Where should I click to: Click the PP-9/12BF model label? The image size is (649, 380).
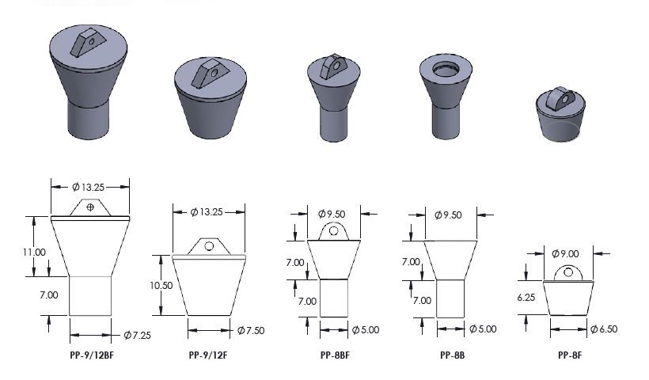[91, 355]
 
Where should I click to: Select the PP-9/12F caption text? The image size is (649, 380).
[209, 355]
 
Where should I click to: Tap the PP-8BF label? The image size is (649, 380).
[336, 355]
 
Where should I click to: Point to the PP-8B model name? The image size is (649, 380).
[452, 355]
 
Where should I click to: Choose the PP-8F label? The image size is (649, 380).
[570, 355]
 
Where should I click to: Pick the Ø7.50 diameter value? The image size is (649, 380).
[252, 330]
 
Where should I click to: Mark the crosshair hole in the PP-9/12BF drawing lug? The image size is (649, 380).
[91, 207]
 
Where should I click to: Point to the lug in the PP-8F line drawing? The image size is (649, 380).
[566, 273]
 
